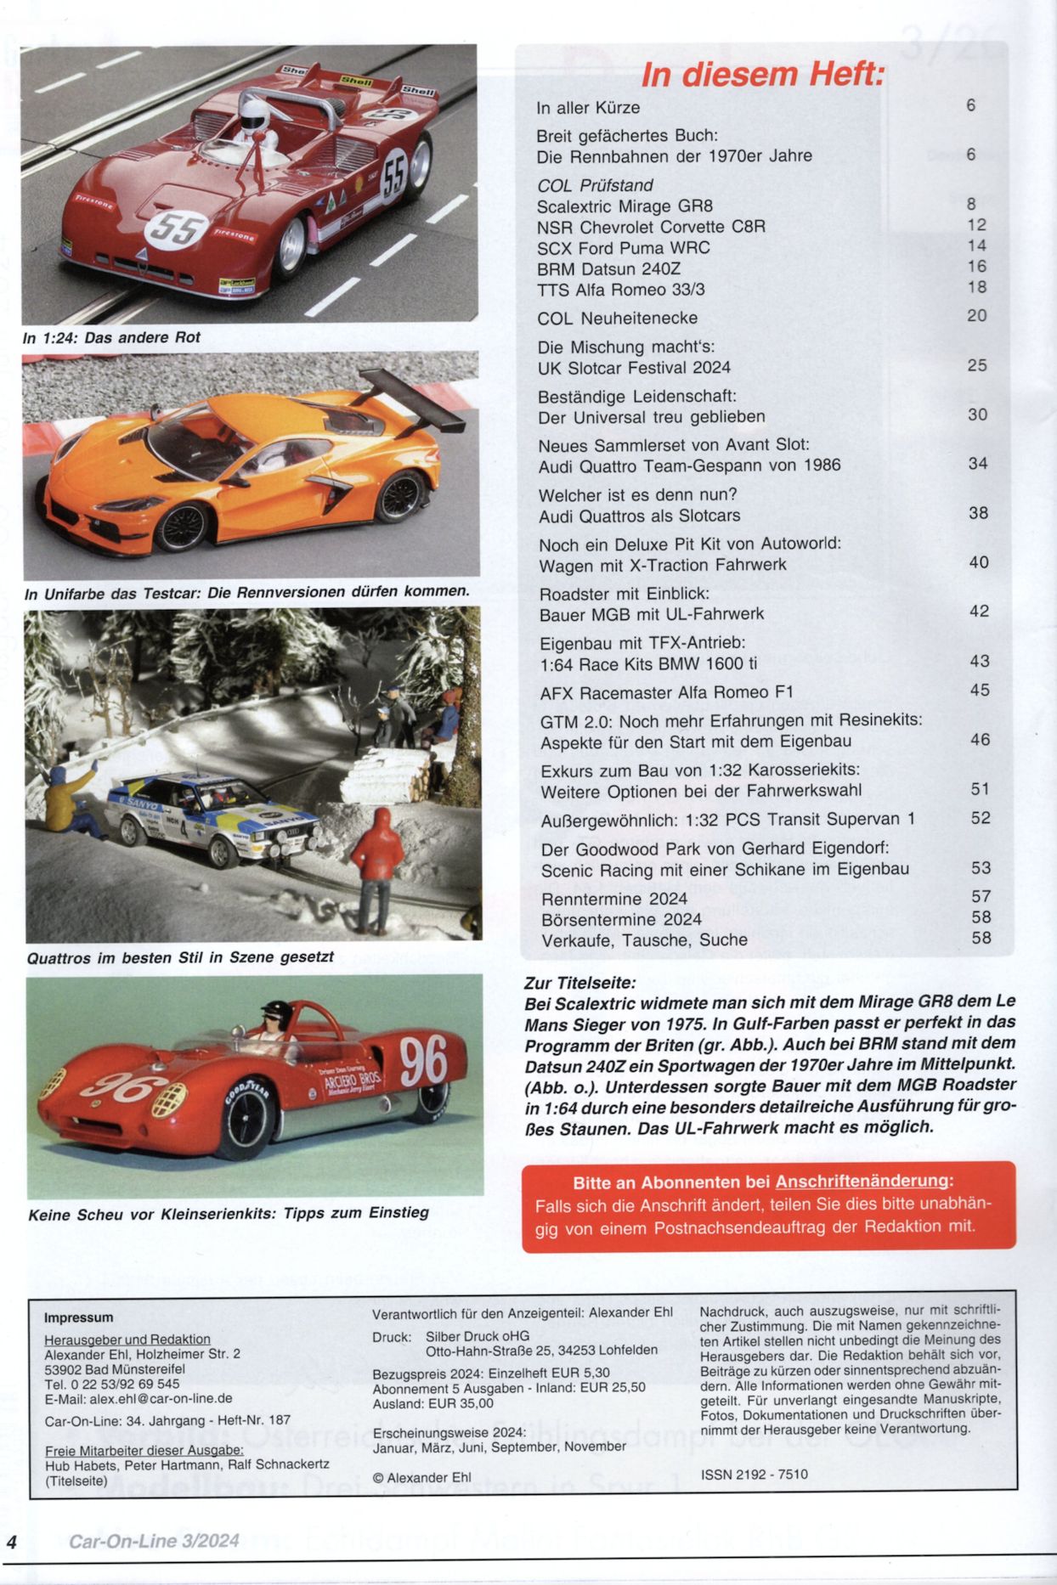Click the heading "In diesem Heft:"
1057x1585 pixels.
(762, 75)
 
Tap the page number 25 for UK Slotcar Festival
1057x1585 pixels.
(977, 365)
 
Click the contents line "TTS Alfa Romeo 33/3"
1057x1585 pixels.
(620, 290)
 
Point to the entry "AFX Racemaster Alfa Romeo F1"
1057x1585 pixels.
(666, 692)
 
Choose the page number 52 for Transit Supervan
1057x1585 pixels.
(981, 818)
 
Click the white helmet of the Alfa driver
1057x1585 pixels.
(252, 114)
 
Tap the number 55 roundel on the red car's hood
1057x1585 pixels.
(177, 227)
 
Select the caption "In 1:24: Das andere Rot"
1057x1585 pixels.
(111, 338)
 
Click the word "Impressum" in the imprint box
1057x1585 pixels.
(78, 1317)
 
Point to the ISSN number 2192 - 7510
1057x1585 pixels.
(754, 1475)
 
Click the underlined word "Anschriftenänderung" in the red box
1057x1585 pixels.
(862, 1181)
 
